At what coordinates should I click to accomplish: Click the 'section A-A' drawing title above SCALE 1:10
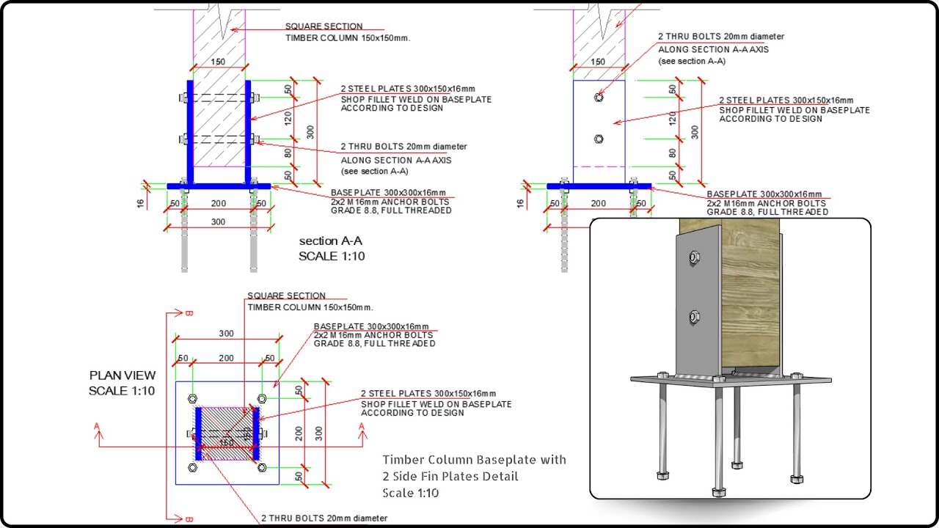point(330,241)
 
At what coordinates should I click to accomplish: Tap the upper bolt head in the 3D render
point(694,257)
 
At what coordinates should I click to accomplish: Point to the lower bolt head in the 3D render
point(694,317)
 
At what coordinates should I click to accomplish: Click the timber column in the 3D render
point(748,293)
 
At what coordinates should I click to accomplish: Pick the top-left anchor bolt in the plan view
point(192,399)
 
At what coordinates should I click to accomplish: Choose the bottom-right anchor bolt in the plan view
point(262,467)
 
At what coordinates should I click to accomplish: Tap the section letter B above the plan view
point(189,314)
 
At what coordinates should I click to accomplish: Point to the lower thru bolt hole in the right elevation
point(599,138)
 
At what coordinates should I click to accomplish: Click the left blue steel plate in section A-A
point(190,132)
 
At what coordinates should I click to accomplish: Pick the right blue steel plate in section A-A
point(248,132)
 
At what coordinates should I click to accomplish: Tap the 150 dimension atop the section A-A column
point(219,62)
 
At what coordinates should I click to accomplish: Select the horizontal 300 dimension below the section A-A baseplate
point(219,221)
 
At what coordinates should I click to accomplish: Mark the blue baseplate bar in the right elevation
point(599,186)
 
